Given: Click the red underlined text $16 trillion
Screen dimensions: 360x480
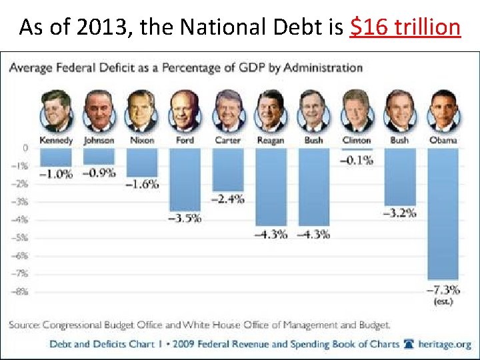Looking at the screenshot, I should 405,27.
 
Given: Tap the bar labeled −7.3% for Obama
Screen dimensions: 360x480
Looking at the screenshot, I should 443,213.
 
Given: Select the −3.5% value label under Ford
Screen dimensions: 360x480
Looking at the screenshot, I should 185,218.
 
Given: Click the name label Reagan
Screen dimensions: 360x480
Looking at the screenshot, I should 271,141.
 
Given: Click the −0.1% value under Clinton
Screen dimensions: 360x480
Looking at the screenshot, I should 357,160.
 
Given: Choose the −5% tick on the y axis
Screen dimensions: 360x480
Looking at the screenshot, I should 22,237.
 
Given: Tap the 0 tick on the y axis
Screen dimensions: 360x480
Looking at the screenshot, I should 25,148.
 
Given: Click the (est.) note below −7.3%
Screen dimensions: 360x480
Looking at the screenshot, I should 443,302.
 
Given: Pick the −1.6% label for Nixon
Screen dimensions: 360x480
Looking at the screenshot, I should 142,185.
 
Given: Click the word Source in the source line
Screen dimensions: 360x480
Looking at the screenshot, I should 24,325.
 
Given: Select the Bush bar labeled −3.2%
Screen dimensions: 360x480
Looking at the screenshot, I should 399,177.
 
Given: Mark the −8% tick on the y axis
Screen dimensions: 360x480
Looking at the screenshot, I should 22,291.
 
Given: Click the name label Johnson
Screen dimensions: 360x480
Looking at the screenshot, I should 99,141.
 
